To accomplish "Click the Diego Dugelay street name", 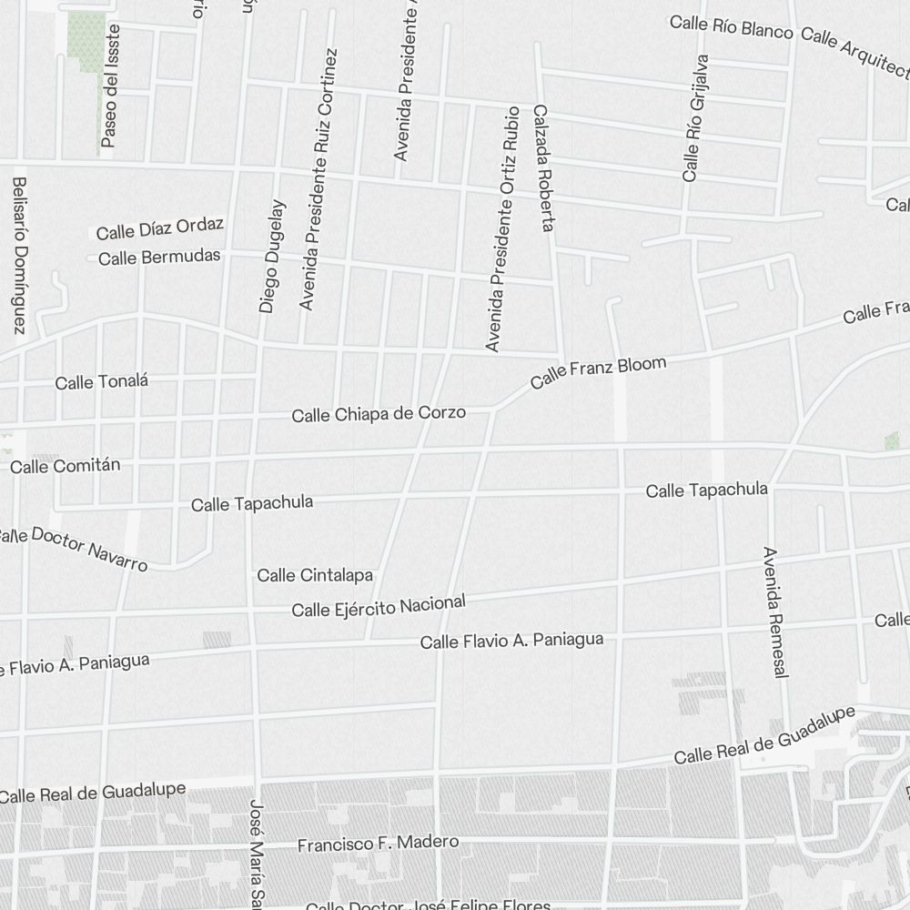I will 272,257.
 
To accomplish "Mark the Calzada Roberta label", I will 543,167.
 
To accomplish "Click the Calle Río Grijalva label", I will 693,117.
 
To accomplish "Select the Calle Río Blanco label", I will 732,27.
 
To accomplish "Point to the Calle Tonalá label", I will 101,382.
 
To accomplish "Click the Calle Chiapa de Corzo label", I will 379,414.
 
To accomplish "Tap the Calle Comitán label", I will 65,466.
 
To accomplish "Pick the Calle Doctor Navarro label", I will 73,546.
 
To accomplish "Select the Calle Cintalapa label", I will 315,575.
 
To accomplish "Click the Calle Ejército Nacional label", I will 379,605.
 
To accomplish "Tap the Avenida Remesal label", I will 774,612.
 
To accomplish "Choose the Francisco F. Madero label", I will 378,844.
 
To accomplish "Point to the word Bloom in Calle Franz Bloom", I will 642,366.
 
